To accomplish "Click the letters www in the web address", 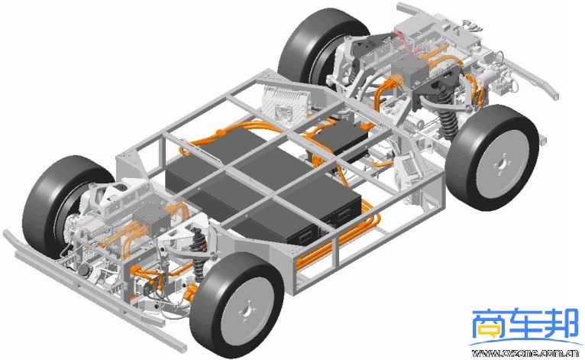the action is click(484, 353).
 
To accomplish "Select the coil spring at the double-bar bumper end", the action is click(198, 253).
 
